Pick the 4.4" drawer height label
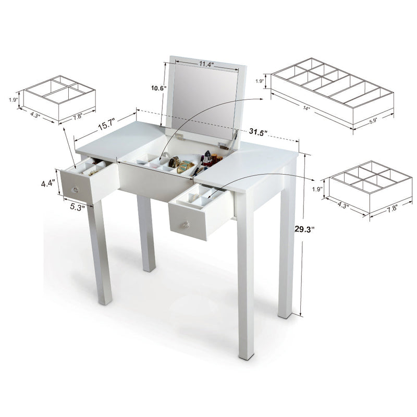click(49, 183)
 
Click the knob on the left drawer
click(76, 189)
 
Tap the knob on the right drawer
click(185, 225)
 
